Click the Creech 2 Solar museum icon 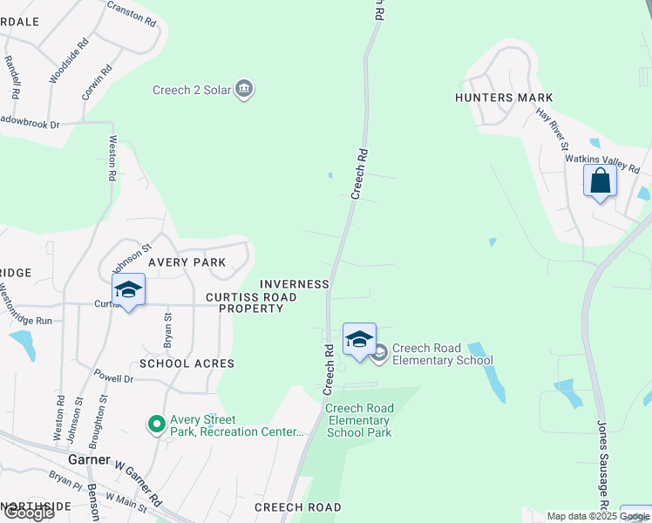click(x=245, y=89)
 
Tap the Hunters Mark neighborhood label click(x=496, y=98)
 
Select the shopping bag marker click(x=600, y=182)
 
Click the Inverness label click(x=295, y=284)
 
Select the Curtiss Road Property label click(x=251, y=302)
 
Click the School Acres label click(x=187, y=363)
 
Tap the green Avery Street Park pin click(x=157, y=425)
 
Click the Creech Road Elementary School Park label click(x=360, y=420)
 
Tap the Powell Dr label click(x=115, y=379)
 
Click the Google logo click(x=28, y=513)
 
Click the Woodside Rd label click(x=68, y=60)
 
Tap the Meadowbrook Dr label click(x=30, y=123)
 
